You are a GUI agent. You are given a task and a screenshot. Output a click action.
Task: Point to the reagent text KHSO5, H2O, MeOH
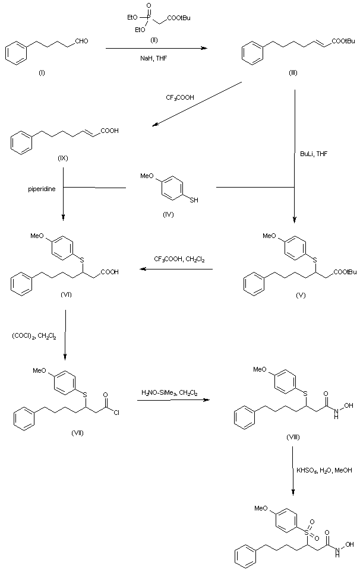click(x=324, y=470)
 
